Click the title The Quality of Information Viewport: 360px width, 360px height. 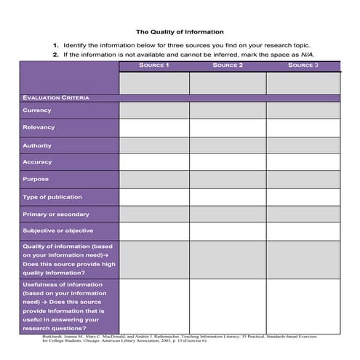click(x=180, y=32)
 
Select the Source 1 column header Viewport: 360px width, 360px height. click(x=153, y=65)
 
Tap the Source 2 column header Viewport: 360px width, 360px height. click(x=228, y=65)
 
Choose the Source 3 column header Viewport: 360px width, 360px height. click(x=303, y=65)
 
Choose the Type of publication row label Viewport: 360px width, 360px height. click(x=52, y=197)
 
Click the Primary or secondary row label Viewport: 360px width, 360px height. click(x=55, y=215)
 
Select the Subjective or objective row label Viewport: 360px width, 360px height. click(x=57, y=231)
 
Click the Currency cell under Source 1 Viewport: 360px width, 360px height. click(x=153, y=111)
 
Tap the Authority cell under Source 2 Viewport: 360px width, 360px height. click(x=228, y=145)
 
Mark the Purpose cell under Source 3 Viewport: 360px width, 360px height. click(x=303, y=180)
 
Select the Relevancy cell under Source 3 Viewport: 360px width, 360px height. click(x=303, y=128)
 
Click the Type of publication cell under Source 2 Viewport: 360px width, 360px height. click(x=228, y=197)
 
